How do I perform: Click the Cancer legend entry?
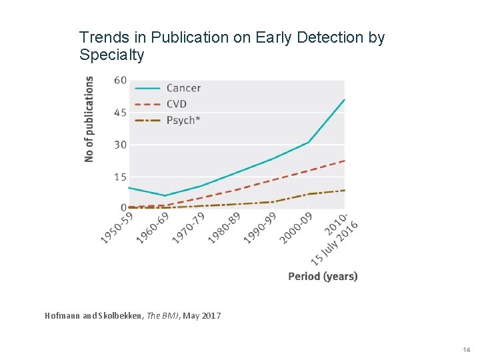pos(183,88)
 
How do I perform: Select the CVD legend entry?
pos(177,104)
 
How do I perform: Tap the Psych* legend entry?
pos(182,120)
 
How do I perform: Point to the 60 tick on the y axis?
pos(121,80)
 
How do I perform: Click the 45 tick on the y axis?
pos(121,112)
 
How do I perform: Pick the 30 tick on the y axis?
pos(121,145)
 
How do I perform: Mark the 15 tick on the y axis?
pos(121,177)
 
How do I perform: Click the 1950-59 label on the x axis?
pos(117,227)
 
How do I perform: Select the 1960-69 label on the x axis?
pos(153,227)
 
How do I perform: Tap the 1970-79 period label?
pos(189,227)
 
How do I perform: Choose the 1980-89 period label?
pos(225,227)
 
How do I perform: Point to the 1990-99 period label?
pos(261,227)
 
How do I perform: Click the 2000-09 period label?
pos(297,227)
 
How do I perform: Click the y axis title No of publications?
pos(89,119)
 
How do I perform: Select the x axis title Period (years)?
pos(323,276)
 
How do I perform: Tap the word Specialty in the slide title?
pos(111,55)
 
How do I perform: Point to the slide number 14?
pos(466,349)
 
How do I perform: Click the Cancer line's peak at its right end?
pos(344,100)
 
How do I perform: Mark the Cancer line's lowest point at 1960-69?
pos(165,196)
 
